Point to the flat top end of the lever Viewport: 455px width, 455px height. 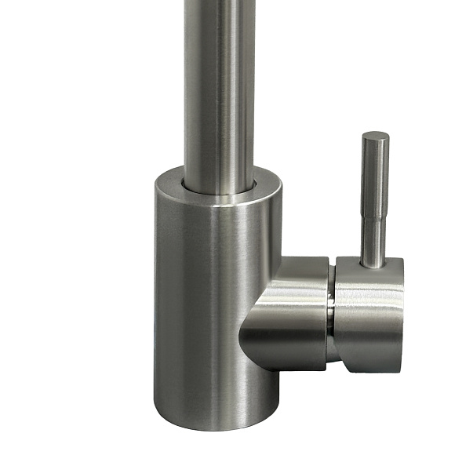(x=375, y=136)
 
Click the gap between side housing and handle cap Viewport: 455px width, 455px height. (x=333, y=314)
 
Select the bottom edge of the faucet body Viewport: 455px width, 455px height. (x=216, y=428)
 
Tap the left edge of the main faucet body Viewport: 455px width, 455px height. (x=156, y=314)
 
